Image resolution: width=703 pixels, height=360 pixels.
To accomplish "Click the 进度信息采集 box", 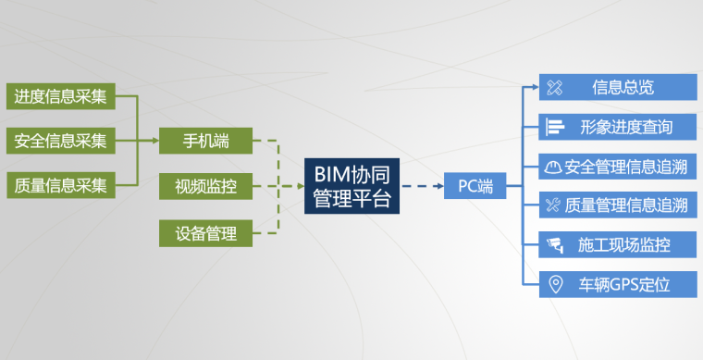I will point(60,95).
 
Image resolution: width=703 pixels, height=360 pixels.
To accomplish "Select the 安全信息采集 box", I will point(60,142).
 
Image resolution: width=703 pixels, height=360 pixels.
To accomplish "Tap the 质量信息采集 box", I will point(60,185).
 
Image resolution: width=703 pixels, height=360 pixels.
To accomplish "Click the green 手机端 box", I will point(205,141).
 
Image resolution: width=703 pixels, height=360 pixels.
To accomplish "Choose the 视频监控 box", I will point(205,187).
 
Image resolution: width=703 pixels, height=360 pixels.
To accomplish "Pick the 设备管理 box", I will point(205,232).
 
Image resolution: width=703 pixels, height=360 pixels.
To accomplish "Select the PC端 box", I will point(475,186).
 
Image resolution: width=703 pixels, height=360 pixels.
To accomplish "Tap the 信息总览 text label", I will point(623,88).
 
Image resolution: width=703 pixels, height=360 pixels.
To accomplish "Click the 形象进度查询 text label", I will point(626,127).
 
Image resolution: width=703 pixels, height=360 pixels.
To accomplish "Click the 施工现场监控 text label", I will point(623,245).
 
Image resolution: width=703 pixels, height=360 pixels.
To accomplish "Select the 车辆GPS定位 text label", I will point(623,284).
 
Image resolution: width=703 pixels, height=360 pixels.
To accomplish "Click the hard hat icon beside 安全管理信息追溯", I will point(553,167).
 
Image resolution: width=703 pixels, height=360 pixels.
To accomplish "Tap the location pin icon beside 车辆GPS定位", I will point(555,284).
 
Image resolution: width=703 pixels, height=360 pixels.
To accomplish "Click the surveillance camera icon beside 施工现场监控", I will point(554,245).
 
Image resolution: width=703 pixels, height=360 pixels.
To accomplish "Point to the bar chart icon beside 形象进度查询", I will point(554,127).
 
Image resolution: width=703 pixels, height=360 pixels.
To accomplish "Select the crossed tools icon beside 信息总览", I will point(554,88).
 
